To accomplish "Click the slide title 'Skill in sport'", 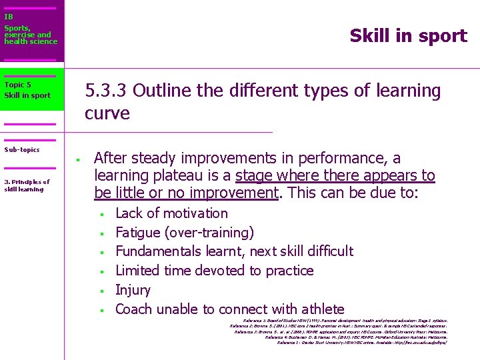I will tap(408, 36).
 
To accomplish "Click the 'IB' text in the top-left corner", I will tap(9, 17).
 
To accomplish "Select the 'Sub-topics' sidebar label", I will tap(22, 150).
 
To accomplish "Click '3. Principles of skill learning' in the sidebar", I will tap(27, 185).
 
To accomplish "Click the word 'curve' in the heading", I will tap(107, 113).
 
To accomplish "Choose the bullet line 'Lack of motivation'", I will tap(171, 213).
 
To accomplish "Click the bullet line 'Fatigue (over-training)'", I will tap(184, 233).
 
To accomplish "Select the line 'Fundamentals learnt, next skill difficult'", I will tap(234, 251).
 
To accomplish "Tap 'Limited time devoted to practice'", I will tap(214, 271).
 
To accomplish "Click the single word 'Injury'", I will tap(133, 290).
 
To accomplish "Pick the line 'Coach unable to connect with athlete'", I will tap(229, 309).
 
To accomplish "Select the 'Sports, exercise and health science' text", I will tap(31, 35).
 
